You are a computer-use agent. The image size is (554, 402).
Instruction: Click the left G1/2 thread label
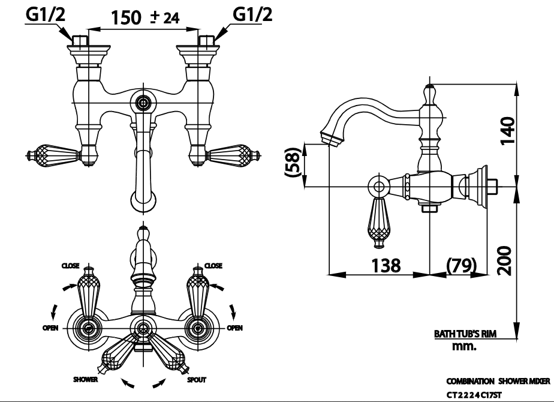(x=44, y=16)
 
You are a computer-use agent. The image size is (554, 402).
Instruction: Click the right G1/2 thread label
(x=251, y=16)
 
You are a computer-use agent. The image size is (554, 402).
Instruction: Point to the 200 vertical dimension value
(x=508, y=259)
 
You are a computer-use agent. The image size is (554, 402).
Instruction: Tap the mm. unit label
(x=464, y=346)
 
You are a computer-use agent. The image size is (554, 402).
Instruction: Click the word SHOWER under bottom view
(x=85, y=380)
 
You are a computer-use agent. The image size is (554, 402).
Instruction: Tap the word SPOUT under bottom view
(x=197, y=380)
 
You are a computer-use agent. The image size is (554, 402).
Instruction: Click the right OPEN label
(x=234, y=328)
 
